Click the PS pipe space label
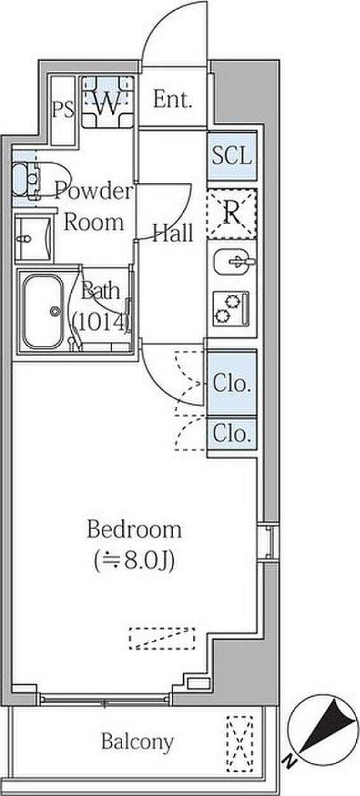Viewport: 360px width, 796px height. click(x=63, y=109)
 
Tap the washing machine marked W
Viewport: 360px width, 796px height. click(x=108, y=102)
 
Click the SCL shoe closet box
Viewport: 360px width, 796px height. click(x=232, y=156)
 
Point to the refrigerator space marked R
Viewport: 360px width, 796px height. click(x=232, y=214)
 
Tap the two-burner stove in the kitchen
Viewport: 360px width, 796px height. click(x=231, y=308)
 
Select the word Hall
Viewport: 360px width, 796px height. click(x=173, y=233)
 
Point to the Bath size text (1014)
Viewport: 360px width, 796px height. click(x=100, y=323)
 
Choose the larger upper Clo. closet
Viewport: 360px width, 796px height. click(x=232, y=383)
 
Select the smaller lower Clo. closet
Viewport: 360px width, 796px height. click(x=232, y=434)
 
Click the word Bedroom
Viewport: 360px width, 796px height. click(x=134, y=530)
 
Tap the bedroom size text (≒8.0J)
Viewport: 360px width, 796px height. click(x=134, y=561)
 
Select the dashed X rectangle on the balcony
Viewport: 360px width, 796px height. click(x=240, y=743)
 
